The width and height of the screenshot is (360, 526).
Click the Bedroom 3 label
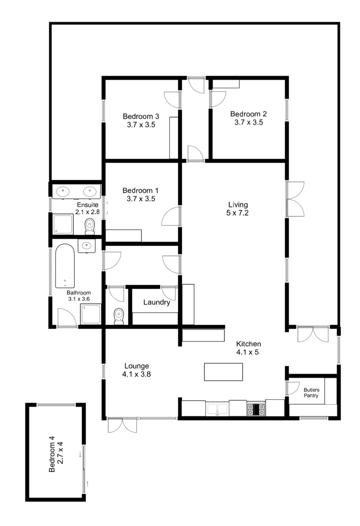[141, 116]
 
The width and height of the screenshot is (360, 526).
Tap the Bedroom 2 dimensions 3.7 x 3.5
[249, 122]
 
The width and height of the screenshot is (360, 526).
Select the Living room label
[238, 204]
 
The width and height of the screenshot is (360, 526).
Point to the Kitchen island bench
[223, 372]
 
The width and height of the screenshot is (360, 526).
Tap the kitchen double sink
[217, 409]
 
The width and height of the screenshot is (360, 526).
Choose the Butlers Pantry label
[311, 393]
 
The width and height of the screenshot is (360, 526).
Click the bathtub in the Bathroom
[65, 266]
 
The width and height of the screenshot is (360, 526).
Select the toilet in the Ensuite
[90, 227]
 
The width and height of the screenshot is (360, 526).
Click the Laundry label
[157, 302]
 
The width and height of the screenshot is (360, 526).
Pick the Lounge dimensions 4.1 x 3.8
[137, 374]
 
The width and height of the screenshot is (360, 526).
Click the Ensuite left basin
[63, 191]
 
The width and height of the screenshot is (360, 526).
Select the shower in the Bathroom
[91, 314]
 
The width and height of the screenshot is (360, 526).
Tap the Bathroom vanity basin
[87, 246]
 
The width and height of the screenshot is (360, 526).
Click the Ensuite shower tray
[63, 224]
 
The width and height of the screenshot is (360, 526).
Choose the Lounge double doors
[122, 425]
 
